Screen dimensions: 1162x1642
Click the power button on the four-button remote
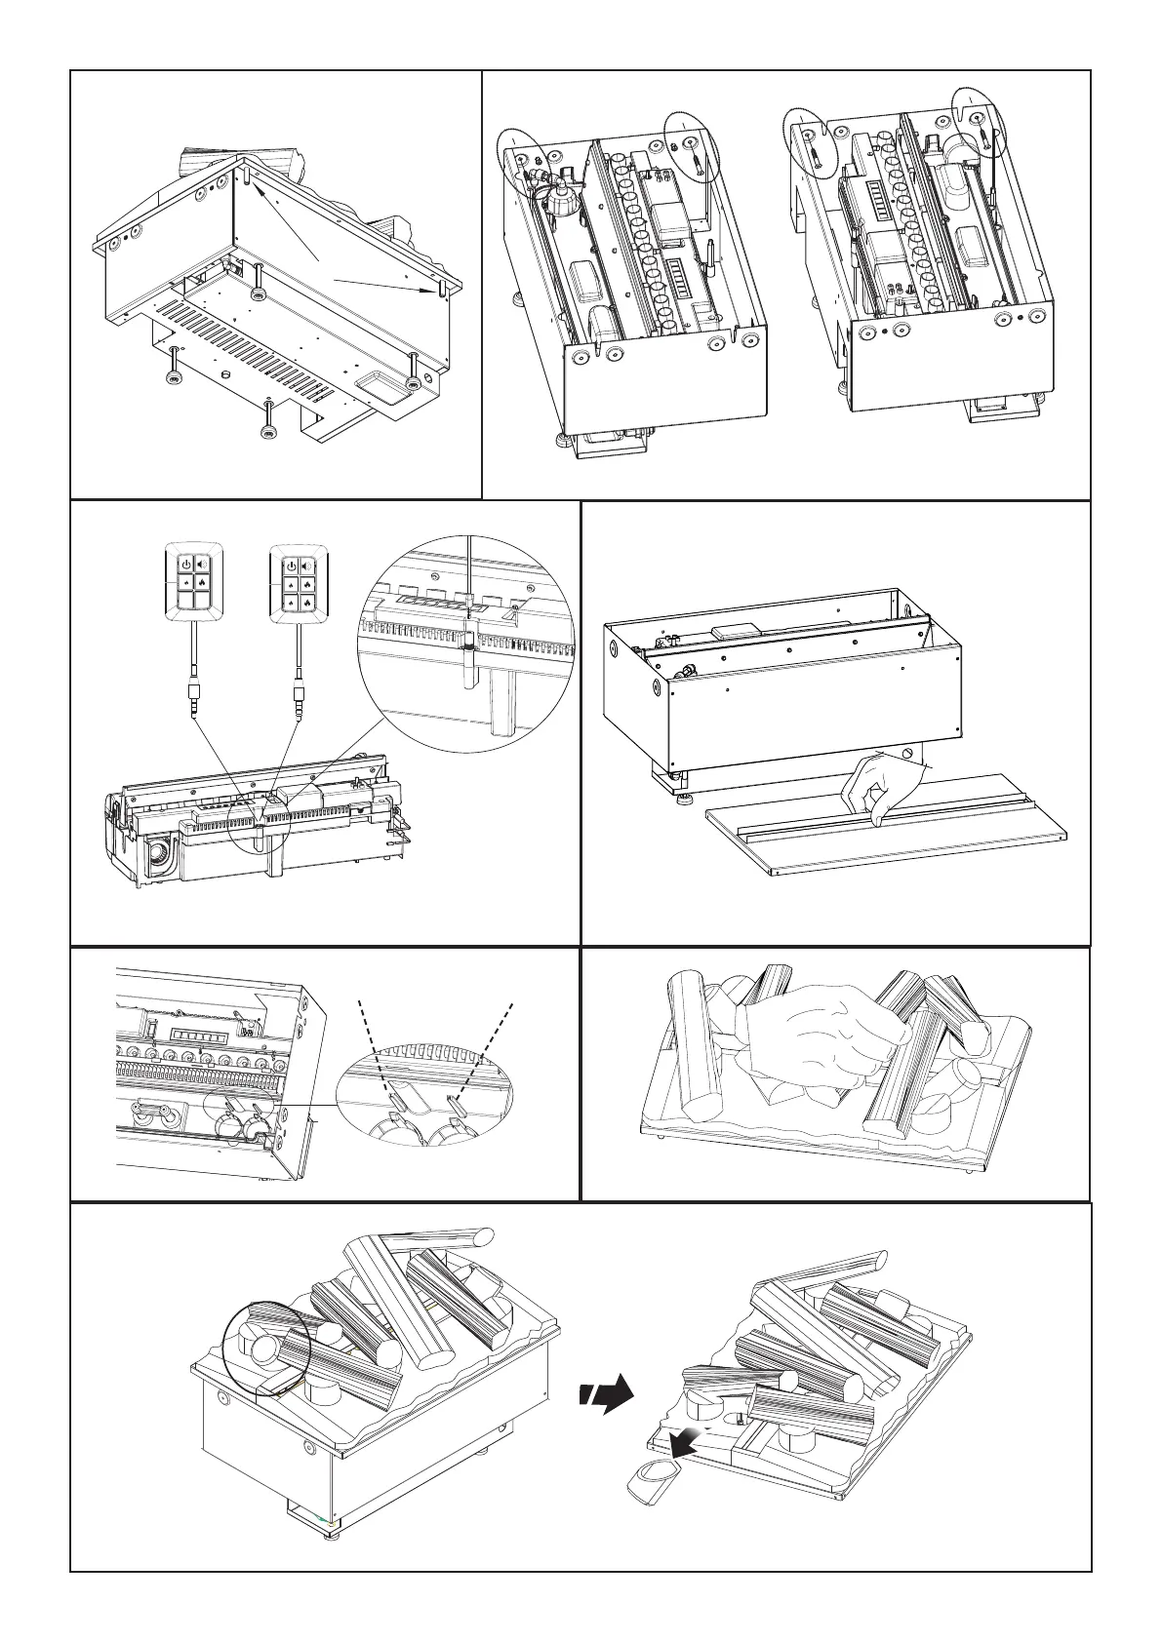[x=185, y=566]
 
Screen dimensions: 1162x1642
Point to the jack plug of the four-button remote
[x=195, y=700]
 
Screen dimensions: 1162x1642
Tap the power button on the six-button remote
[x=291, y=566]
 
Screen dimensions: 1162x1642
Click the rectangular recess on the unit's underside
[x=379, y=383]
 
